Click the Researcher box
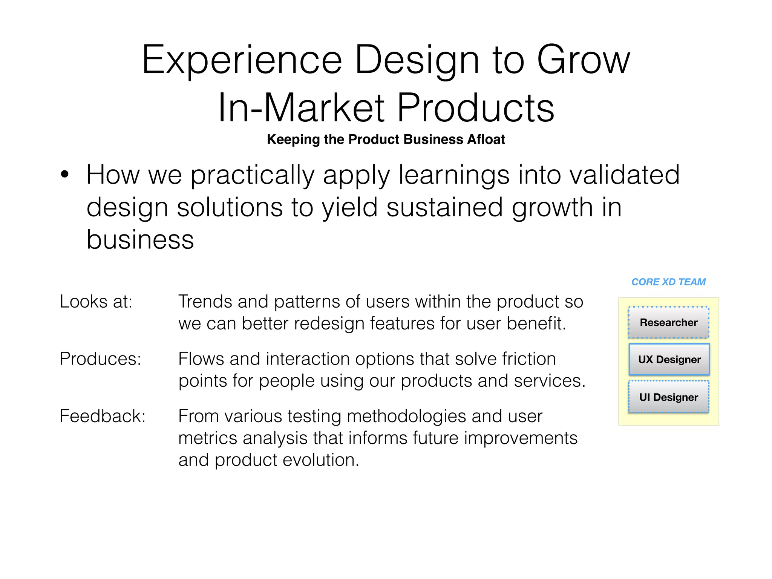(x=668, y=322)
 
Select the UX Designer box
(x=669, y=359)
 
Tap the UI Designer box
(x=668, y=397)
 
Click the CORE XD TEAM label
(x=668, y=282)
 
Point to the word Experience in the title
(x=242, y=60)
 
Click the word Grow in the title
(x=583, y=60)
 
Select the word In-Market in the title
(x=301, y=108)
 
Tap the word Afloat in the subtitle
(x=486, y=139)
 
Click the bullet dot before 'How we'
(x=65, y=175)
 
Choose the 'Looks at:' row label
(x=96, y=302)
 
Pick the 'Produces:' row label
(x=100, y=359)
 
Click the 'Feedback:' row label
(x=103, y=416)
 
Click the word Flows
(x=200, y=359)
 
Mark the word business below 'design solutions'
(x=140, y=240)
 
